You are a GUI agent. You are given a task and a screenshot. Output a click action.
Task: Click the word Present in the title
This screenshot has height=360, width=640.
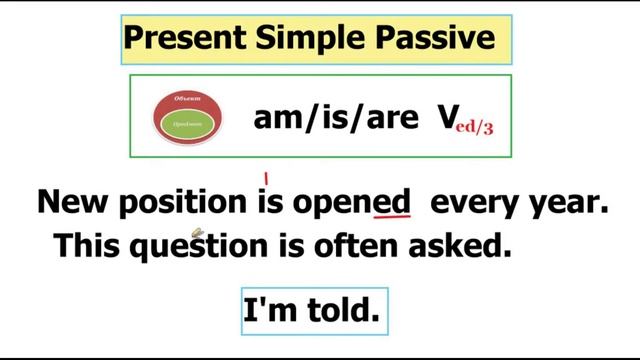pos(178,38)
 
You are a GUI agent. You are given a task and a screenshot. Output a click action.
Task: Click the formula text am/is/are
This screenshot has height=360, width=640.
pos(336,119)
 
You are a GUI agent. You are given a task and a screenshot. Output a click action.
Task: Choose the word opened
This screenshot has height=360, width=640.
pos(351,203)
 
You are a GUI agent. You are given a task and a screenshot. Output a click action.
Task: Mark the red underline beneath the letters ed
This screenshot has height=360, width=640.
pos(392,217)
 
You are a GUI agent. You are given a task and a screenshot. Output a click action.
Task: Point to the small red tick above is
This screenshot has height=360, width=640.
pos(267,180)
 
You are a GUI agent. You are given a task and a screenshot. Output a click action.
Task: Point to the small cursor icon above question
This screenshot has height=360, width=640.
pos(197,233)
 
